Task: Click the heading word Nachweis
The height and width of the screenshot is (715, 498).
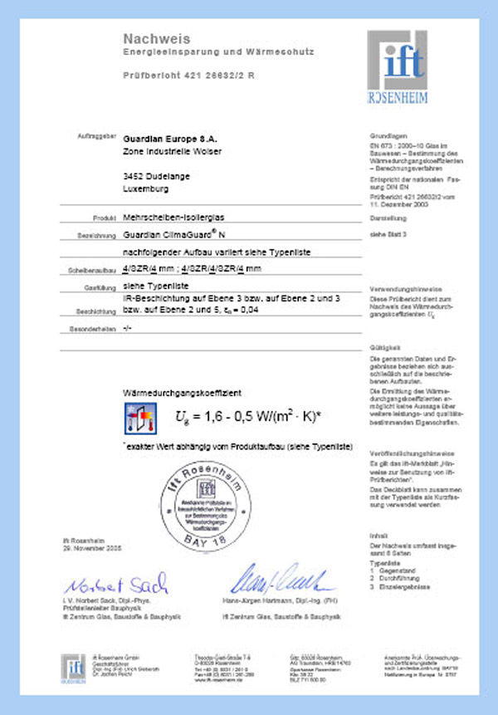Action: pos(157,38)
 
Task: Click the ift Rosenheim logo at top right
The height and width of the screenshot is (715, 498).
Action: pos(400,66)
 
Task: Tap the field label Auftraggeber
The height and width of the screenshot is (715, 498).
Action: pos(92,135)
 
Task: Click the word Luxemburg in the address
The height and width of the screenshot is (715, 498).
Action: pos(144,189)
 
